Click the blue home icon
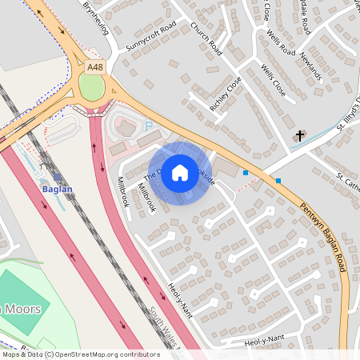pyautogui.click(x=180, y=173)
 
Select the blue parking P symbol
pyautogui.click(x=147, y=126)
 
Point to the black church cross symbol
pyautogui.click(x=300, y=135)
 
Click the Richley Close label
pyautogui.click(x=225, y=94)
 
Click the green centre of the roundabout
pyautogui.click(x=92, y=87)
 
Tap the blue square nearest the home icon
pyautogui.click(x=246, y=173)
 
